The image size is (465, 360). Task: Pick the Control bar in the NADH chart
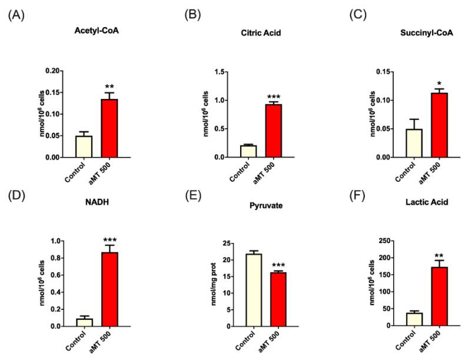pos(84,322)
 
